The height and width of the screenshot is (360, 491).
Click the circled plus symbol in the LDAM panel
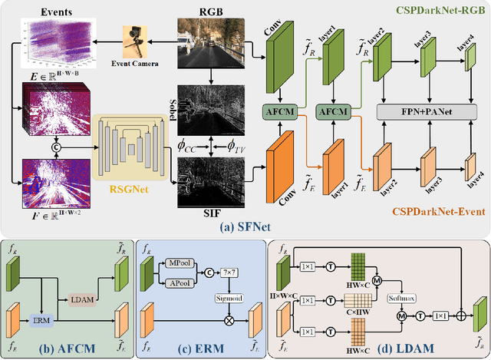coord(463,314)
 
